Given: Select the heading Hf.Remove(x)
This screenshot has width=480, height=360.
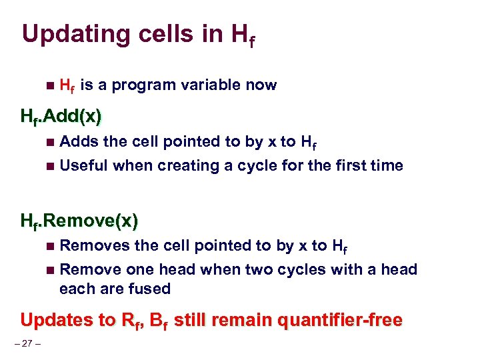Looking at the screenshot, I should click(x=79, y=221).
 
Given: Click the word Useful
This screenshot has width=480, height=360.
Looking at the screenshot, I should click(x=84, y=165).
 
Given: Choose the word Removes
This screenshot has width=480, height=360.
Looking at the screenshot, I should click(x=95, y=245).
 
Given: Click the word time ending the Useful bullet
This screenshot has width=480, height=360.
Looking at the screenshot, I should click(x=387, y=165).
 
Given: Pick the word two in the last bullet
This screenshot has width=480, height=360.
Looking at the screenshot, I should click(x=261, y=269).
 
